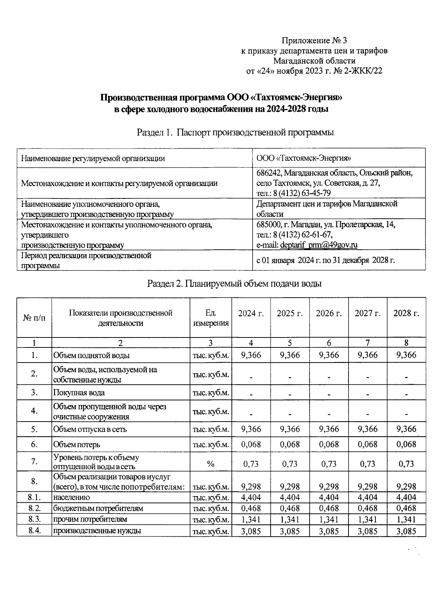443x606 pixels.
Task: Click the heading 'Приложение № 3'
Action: point(314,40)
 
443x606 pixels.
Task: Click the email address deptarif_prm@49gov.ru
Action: point(319,245)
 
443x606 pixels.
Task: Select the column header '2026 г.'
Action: point(329,313)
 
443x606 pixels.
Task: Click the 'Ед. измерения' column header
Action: point(211,318)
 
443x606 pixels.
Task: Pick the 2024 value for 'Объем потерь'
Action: point(251,444)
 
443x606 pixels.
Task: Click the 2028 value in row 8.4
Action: point(406,531)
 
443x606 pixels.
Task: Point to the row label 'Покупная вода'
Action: point(79,392)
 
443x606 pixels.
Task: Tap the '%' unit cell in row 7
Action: point(211,464)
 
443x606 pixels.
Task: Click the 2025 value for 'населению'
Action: point(290,497)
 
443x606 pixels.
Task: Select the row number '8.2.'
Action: point(34,508)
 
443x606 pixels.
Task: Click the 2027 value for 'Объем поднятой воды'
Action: point(368,355)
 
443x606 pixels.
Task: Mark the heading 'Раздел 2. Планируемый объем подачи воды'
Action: point(234,283)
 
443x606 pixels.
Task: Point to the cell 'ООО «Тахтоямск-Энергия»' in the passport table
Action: point(303,158)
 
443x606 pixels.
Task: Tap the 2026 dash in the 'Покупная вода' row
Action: point(329,394)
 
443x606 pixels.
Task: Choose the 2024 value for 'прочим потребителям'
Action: point(251,519)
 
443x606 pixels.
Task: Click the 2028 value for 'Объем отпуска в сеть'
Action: point(406,429)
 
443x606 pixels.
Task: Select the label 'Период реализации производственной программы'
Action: point(86,260)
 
